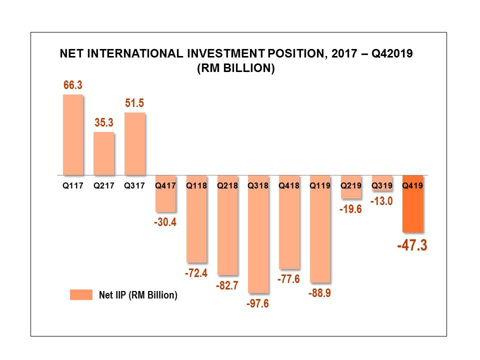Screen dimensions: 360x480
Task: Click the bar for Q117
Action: point(72,135)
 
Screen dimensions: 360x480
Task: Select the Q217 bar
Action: point(103,153)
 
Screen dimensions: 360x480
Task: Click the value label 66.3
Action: point(72,85)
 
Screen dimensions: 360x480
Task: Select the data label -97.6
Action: point(258,303)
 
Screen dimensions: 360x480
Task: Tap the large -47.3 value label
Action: point(412,245)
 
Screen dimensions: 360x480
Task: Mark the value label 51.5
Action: point(134,103)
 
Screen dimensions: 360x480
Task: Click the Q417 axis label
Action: point(165,185)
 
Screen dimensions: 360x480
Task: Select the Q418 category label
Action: point(289,185)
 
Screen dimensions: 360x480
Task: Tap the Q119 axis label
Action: point(320,185)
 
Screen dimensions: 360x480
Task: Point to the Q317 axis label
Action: point(134,185)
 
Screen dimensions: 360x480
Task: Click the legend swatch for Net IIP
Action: point(81,295)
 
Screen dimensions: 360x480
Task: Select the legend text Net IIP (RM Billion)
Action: point(138,295)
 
